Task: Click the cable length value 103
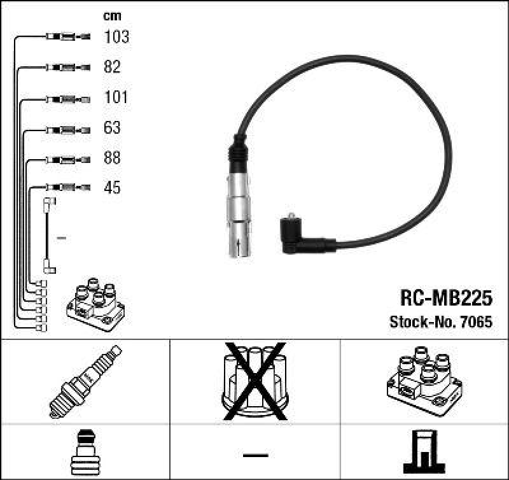(116, 37)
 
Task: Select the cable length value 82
(112, 67)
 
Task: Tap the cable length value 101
(116, 97)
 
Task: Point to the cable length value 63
(112, 128)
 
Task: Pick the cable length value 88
(112, 158)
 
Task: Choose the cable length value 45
(112, 188)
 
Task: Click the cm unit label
(112, 16)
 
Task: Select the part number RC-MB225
(446, 299)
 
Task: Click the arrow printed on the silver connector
(239, 245)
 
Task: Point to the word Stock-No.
(421, 322)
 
